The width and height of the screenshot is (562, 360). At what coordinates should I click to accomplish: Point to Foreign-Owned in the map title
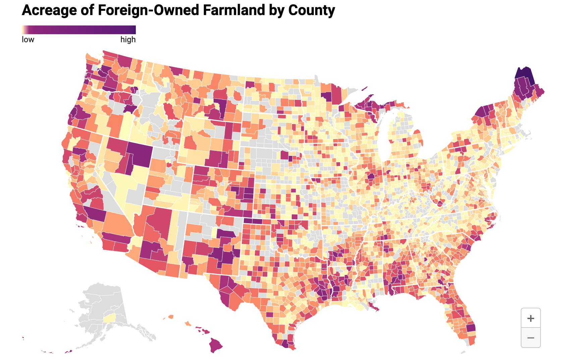(x=149, y=10)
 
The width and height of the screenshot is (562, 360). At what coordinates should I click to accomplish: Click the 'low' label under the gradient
(x=28, y=40)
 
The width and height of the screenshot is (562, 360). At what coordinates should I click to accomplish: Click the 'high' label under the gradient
(x=128, y=40)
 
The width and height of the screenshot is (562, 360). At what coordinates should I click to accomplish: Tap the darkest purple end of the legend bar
(x=134, y=29)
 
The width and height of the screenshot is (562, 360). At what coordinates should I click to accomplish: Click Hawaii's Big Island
(x=216, y=344)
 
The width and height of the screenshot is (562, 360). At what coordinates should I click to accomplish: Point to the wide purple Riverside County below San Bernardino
(x=116, y=238)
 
